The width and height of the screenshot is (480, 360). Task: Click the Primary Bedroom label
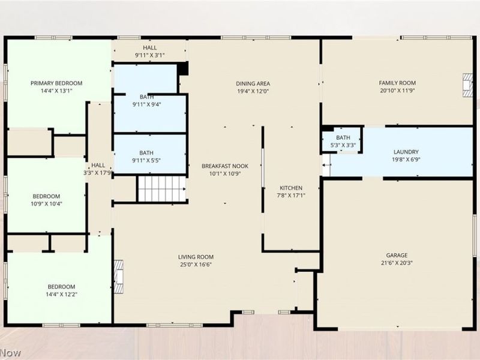56,83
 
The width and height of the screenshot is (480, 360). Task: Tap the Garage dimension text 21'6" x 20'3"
397,263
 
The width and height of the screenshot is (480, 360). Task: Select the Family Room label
397,83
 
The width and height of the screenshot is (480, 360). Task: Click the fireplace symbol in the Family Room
468,85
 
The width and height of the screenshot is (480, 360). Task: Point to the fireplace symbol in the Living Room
119,277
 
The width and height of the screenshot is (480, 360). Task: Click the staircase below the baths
162,189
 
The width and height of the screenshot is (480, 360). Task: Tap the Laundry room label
406,152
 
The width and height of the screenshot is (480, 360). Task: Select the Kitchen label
291,188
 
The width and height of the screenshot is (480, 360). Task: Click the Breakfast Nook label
225,166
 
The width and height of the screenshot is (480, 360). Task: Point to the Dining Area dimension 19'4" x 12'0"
253,91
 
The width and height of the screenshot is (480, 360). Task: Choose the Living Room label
196,257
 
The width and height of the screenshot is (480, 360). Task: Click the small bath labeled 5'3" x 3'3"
343,141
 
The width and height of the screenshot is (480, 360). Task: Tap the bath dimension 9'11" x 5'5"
146,160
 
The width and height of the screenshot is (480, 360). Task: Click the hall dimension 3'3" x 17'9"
97,173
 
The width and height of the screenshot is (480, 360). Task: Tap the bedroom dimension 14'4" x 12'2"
62,294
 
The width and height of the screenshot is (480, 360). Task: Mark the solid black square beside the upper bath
183,68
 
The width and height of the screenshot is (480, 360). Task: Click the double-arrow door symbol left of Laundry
326,165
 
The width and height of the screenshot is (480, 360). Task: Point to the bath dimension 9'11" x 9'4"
146,104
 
